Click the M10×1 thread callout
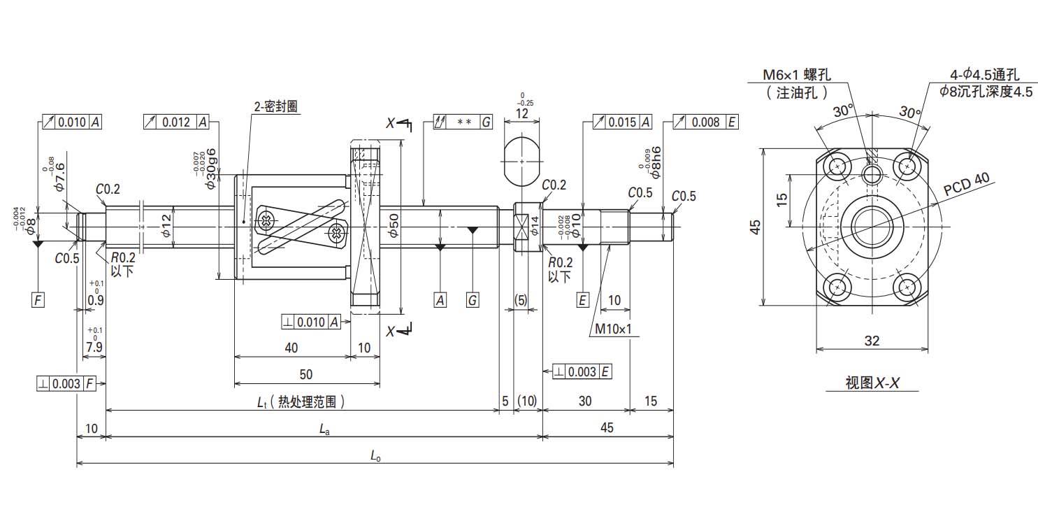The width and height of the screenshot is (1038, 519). (x=614, y=328)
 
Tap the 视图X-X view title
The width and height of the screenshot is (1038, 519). (x=871, y=383)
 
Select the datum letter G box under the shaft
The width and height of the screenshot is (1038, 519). (x=473, y=300)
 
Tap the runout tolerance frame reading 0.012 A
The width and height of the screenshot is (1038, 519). (x=175, y=122)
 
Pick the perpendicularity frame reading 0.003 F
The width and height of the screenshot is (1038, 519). (x=66, y=383)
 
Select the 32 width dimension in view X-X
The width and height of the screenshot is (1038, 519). (x=872, y=341)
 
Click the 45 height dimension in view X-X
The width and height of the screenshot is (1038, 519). (x=754, y=227)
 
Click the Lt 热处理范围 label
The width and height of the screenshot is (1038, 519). (x=301, y=402)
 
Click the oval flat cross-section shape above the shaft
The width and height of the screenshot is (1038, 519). (x=522, y=162)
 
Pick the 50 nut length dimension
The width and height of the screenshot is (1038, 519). (x=305, y=374)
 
